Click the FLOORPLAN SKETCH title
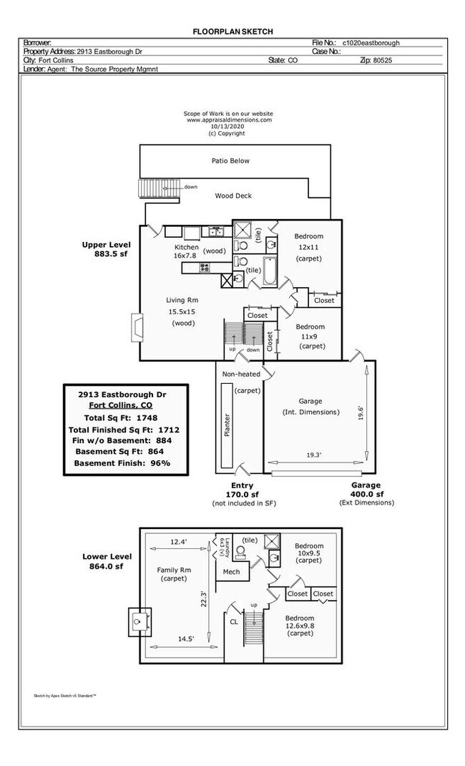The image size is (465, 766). [232, 31]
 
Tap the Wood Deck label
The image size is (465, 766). [233, 195]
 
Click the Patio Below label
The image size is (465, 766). [230, 161]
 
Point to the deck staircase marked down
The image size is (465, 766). [151, 188]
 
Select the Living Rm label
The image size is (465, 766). [182, 300]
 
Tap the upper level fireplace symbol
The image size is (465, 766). [136, 327]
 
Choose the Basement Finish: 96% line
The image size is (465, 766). [122, 463]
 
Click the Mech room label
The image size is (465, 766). [231, 571]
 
